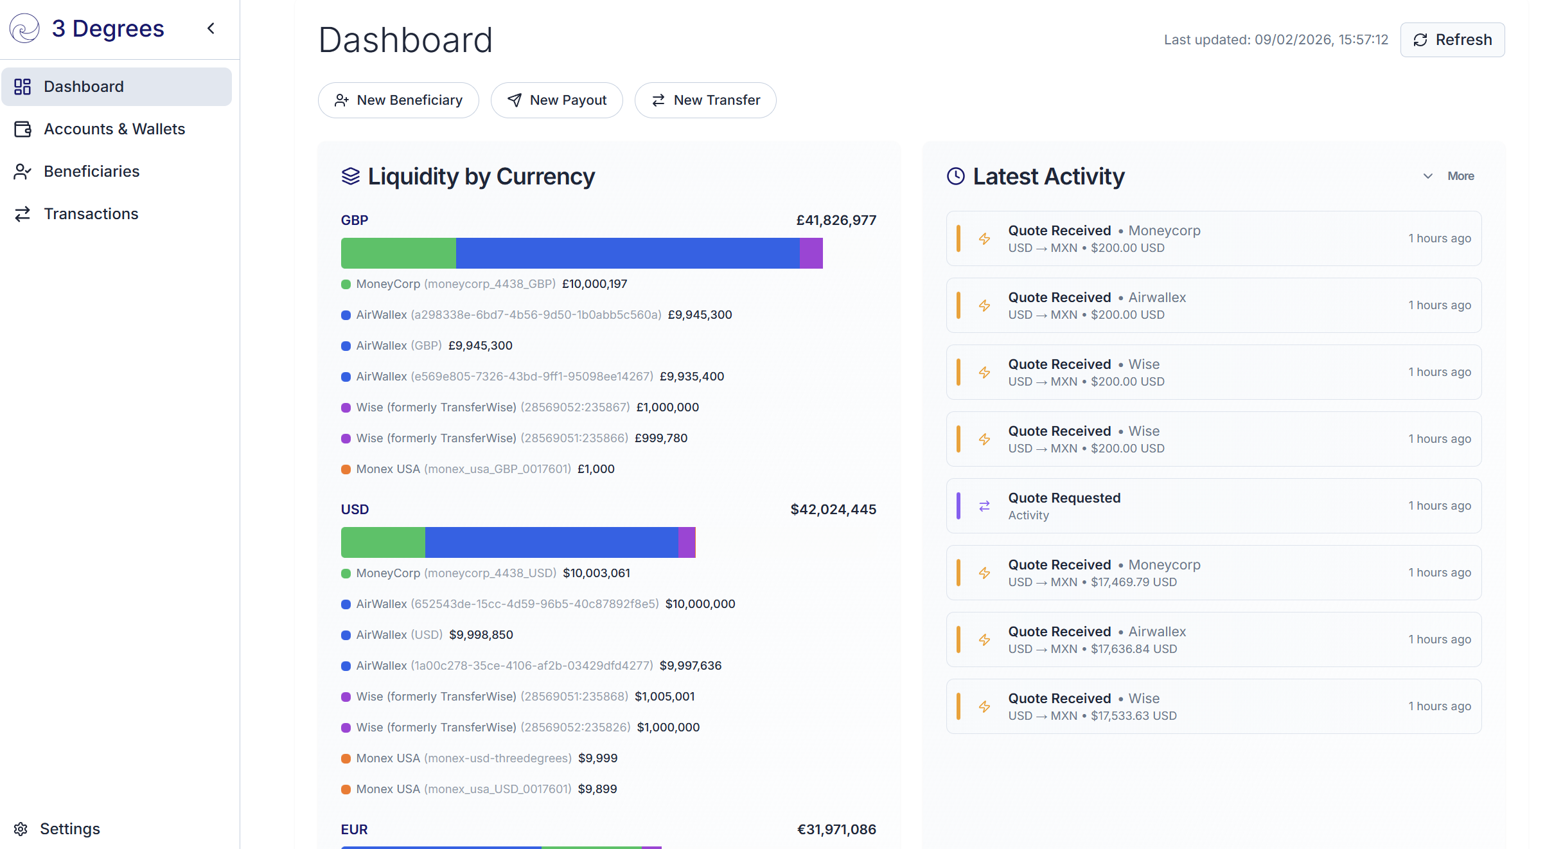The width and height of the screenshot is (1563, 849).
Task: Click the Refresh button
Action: point(1452,40)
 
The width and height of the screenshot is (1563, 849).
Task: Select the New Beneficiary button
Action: point(398,100)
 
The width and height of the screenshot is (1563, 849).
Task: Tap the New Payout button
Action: point(556,100)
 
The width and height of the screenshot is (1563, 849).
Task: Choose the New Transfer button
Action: point(705,100)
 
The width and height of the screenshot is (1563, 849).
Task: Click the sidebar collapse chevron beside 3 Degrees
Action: point(211,28)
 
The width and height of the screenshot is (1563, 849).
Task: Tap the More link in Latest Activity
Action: point(1460,176)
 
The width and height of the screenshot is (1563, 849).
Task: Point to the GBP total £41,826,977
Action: point(836,220)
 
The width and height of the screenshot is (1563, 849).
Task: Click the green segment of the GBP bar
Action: point(398,253)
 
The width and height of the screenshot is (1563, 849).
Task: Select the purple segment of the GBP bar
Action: point(811,253)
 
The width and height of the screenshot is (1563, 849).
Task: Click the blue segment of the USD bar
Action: point(551,542)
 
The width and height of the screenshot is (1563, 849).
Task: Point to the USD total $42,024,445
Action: point(833,510)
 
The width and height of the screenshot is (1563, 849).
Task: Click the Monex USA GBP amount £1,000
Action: point(596,469)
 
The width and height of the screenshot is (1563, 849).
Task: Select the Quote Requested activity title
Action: point(1064,498)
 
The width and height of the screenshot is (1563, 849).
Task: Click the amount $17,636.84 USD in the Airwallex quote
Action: point(1134,649)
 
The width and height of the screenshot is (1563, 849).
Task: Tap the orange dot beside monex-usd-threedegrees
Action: point(346,758)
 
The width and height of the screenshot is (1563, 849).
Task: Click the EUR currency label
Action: point(355,830)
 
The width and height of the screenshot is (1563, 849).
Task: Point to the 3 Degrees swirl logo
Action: point(25,28)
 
